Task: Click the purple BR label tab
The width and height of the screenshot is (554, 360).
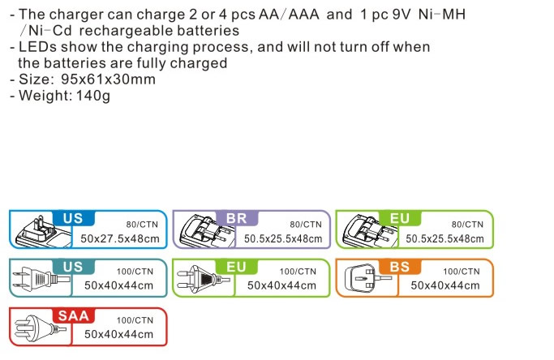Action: tap(236, 218)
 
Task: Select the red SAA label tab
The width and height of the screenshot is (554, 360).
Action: tap(74, 315)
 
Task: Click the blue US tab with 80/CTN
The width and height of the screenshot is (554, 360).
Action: tap(73, 218)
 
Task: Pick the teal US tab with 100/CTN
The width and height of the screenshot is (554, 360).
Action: tap(73, 267)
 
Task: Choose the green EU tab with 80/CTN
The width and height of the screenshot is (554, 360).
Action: tap(400, 218)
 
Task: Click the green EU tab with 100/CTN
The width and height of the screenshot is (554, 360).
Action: tap(236, 267)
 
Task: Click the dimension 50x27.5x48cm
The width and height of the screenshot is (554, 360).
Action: tap(120, 239)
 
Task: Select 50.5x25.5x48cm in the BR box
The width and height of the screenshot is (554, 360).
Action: tap(283, 239)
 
